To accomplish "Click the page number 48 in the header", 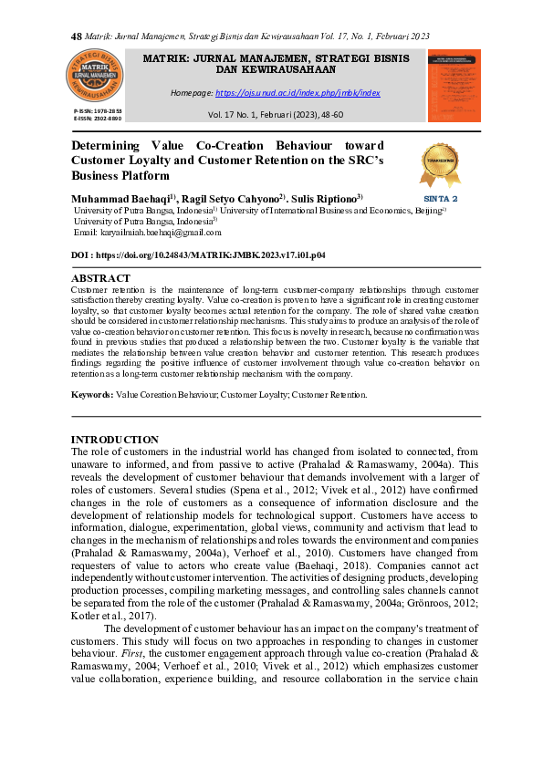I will click(x=76, y=36).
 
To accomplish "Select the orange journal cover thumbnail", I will click(x=454, y=85).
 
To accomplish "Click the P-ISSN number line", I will click(x=97, y=110).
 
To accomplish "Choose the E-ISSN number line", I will click(x=97, y=118).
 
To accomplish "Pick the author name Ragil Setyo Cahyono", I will click(x=234, y=198).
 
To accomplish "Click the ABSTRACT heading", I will click(x=100, y=278).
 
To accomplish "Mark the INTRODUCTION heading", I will click(x=114, y=440).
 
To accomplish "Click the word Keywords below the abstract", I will click(x=92, y=395).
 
